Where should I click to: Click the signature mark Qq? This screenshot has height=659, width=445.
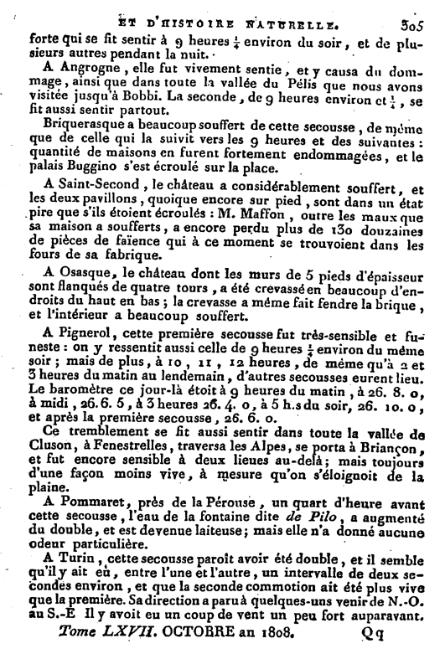click(370, 639)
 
